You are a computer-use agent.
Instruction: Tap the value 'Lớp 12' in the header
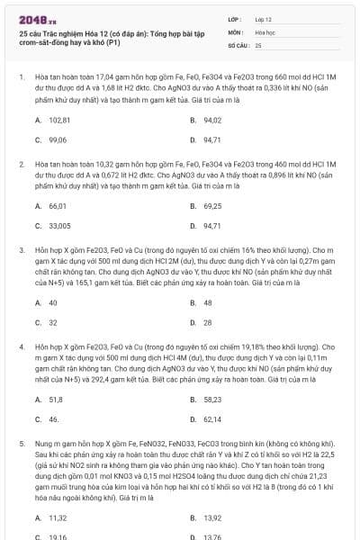(x=264, y=18)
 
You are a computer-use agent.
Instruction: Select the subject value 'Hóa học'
(x=265, y=31)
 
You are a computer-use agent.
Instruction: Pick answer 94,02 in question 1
(x=212, y=120)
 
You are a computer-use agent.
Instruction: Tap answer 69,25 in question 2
(x=212, y=206)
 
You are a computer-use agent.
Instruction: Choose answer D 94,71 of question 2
(x=212, y=226)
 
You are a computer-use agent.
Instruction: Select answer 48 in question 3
(x=208, y=302)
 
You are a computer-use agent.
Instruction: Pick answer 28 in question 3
(x=208, y=322)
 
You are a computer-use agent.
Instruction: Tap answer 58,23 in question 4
(x=212, y=399)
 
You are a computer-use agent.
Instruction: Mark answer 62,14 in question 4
(x=212, y=418)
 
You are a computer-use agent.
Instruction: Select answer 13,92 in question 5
(x=212, y=517)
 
